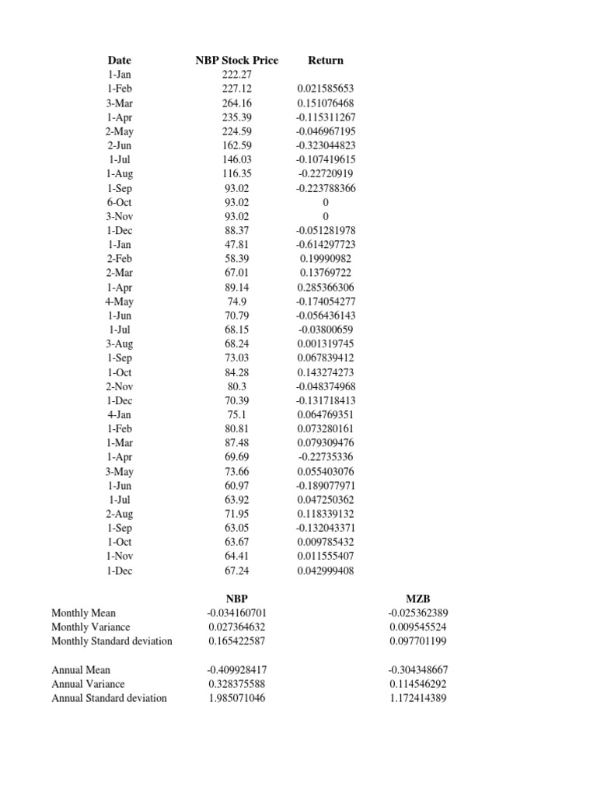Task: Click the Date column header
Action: tap(120, 60)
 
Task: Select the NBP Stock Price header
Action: tap(237, 60)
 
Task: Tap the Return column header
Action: tap(326, 60)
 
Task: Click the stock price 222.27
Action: tap(237, 75)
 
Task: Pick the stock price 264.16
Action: tap(237, 103)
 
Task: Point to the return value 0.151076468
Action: tap(326, 103)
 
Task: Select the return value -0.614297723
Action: tap(326, 244)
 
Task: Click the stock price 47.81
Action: tap(237, 244)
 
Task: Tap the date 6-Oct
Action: tap(120, 202)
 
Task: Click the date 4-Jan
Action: tap(120, 414)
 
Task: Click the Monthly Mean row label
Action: tap(83, 613)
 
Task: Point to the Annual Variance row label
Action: tap(88, 684)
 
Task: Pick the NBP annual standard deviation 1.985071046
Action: tap(237, 698)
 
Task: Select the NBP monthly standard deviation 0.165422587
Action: tap(237, 641)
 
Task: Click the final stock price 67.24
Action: tap(237, 571)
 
